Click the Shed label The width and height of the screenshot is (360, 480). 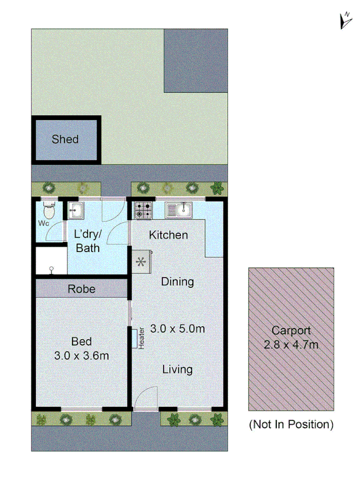(65, 140)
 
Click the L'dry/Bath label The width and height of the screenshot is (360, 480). (88, 241)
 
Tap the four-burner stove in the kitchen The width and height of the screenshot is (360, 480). (142, 210)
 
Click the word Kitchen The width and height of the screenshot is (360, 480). (168, 235)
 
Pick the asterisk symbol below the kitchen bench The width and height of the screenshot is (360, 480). (141, 262)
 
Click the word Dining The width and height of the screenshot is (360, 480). (178, 282)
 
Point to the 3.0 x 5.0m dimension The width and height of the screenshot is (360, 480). (178, 329)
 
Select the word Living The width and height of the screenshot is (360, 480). (178, 369)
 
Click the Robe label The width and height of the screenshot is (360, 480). (82, 289)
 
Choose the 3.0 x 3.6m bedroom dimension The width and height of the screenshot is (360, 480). (82, 356)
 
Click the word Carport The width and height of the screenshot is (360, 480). (291, 331)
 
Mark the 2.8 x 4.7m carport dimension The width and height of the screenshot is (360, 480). (291, 345)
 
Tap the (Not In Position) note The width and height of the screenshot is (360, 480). (291, 425)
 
